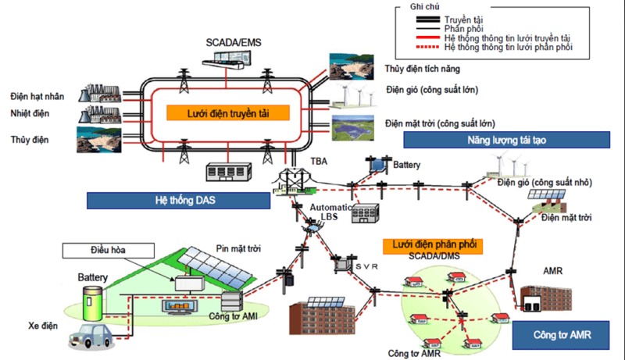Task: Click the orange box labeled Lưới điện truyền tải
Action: pyautogui.click(x=227, y=112)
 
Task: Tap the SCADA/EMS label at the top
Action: pyautogui.click(x=234, y=40)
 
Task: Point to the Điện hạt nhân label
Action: pyautogui.click(x=37, y=96)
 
